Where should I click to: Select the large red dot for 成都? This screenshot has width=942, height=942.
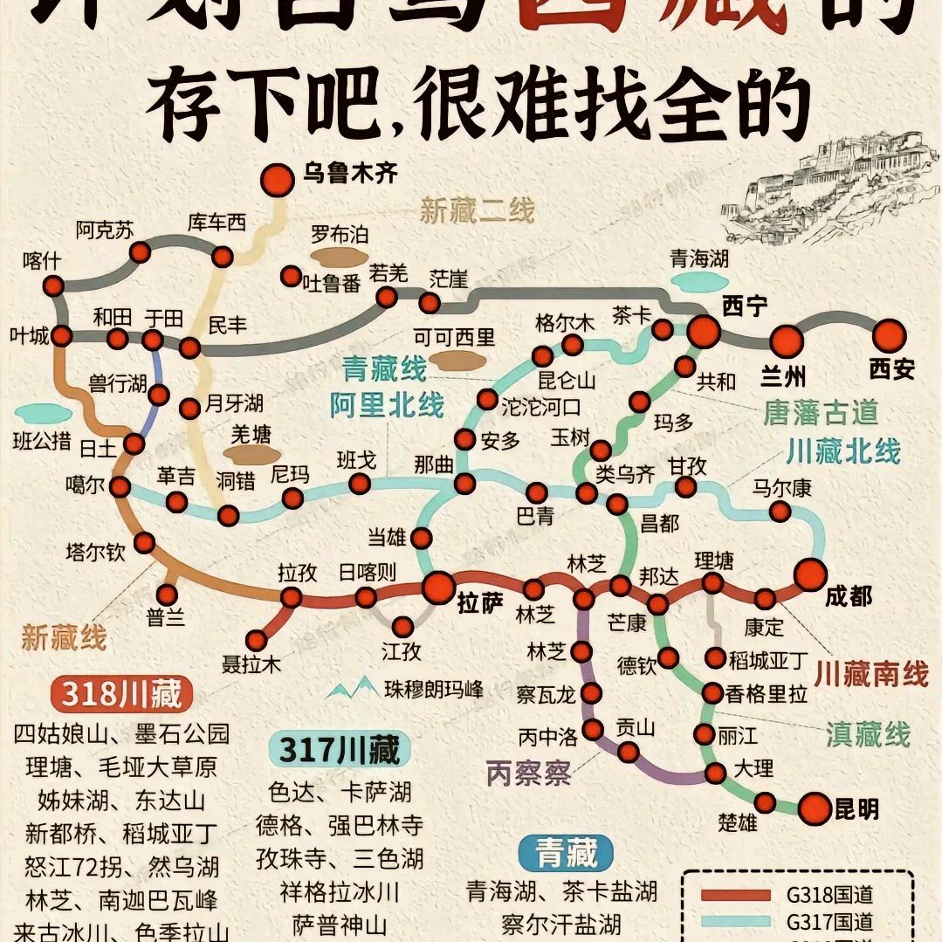(810, 574)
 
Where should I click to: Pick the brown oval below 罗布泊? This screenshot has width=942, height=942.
(340, 256)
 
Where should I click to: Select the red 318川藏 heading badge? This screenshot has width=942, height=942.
(121, 694)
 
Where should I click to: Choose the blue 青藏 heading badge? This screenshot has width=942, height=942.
(566, 853)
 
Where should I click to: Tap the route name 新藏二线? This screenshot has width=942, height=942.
(477, 210)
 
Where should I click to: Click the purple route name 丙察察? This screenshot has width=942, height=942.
(528, 773)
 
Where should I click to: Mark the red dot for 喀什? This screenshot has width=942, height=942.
(54, 285)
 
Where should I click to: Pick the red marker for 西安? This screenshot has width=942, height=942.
(890, 335)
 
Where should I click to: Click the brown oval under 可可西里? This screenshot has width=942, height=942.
(459, 360)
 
